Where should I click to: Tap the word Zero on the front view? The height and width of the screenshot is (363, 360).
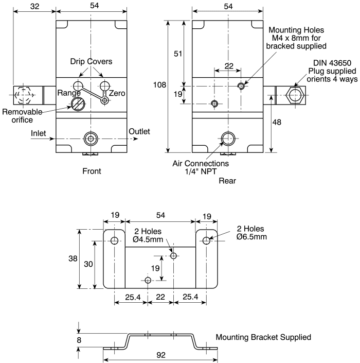click(117, 93)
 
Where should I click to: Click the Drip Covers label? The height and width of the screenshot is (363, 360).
click(91, 61)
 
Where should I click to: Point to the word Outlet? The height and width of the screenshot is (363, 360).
click(140, 131)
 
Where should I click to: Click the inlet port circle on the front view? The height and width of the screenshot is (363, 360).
click(91, 139)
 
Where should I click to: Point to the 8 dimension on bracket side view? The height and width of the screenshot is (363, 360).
click(73, 339)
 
